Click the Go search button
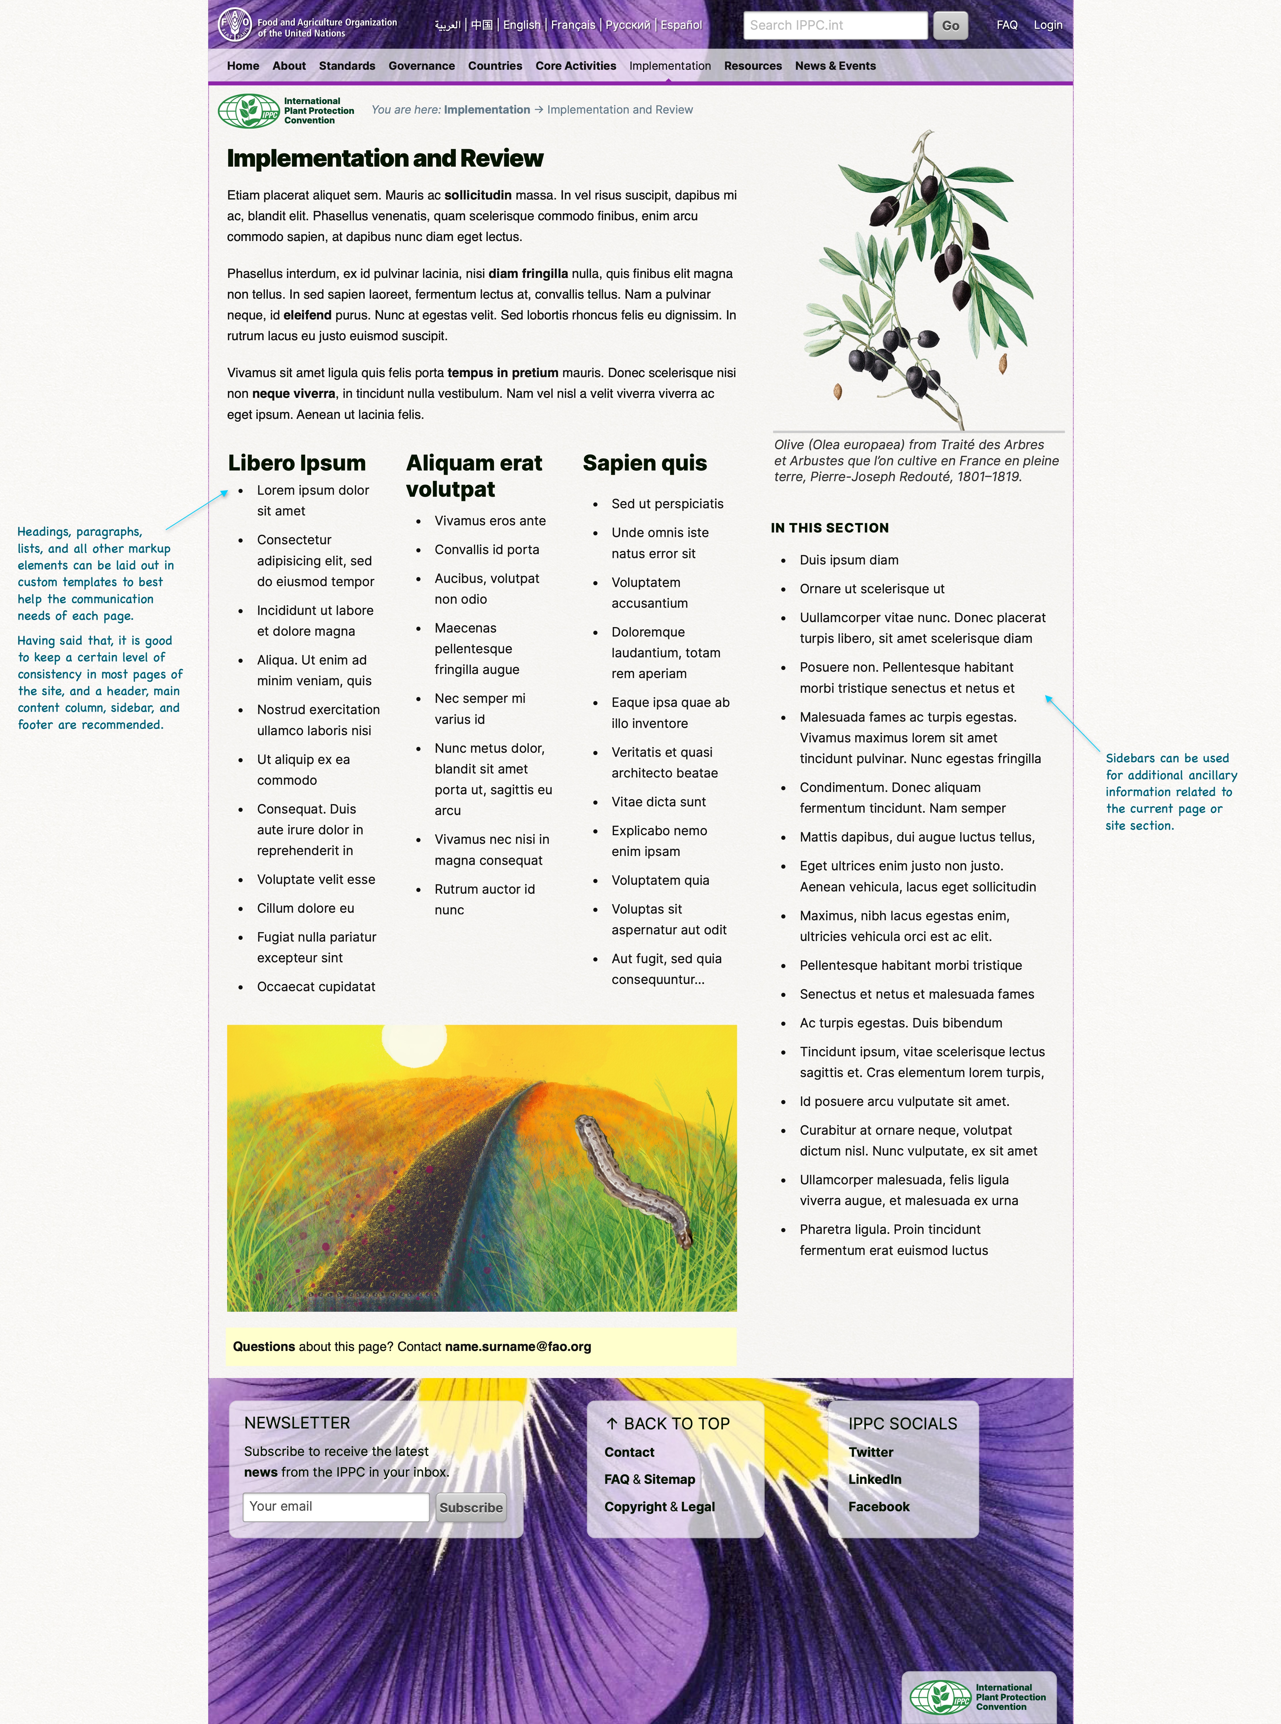click(x=950, y=26)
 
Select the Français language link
click(x=573, y=25)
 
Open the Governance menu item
click(x=421, y=66)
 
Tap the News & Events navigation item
click(x=835, y=66)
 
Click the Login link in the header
click(x=1048, y=25)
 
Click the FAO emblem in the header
click(x=234, y=24)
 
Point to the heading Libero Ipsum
click(x=296, y=463)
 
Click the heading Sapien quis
click(x=644, y=463)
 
